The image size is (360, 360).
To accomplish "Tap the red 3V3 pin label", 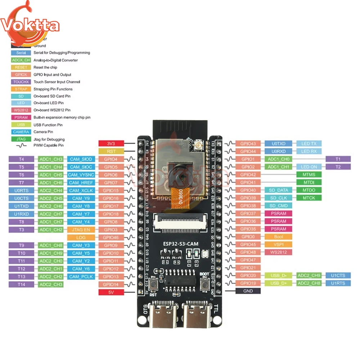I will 111,143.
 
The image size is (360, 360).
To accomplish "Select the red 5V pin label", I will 111,292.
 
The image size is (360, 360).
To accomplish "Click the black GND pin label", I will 248,291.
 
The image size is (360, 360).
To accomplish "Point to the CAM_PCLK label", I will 81,276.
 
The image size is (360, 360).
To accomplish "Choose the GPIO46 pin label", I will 111,238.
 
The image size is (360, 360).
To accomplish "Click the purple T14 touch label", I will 21,284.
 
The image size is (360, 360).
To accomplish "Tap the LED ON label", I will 309,167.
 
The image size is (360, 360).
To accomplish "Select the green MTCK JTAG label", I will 309,198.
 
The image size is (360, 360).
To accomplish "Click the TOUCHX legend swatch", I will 21,82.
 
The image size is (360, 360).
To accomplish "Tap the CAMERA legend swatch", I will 21,132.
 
